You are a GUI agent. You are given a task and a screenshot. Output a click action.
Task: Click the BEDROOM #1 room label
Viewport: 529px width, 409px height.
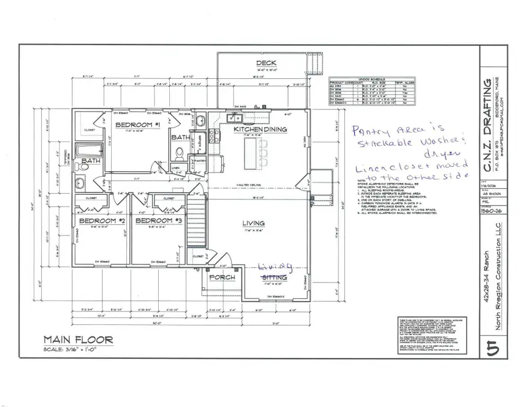point(138,125)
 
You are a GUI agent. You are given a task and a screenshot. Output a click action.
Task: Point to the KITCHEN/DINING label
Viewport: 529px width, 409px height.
point(260,129)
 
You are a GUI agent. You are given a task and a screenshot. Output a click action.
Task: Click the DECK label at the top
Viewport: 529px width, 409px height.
point(266,63)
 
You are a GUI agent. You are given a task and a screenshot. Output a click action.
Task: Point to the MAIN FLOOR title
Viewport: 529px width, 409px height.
point(78,340)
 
